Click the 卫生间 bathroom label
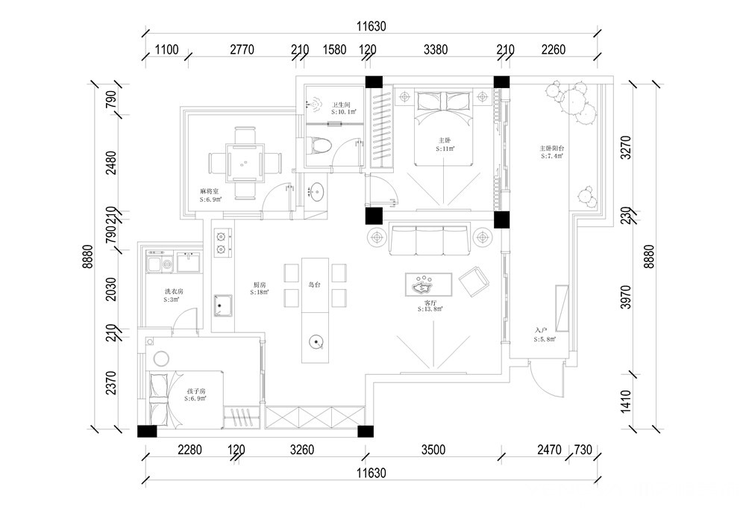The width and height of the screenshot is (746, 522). point(342,105)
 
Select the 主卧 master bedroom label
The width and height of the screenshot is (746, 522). point(445,140)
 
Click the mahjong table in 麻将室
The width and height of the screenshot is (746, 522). point(243,161)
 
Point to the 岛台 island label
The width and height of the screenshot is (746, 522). point(314,285)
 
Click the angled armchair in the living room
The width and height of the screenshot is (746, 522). point(473,282)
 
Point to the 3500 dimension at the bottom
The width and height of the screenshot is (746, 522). point(433,450)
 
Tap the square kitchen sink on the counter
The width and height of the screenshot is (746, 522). point(222,305)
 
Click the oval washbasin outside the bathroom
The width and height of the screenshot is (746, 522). point(317,192)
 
